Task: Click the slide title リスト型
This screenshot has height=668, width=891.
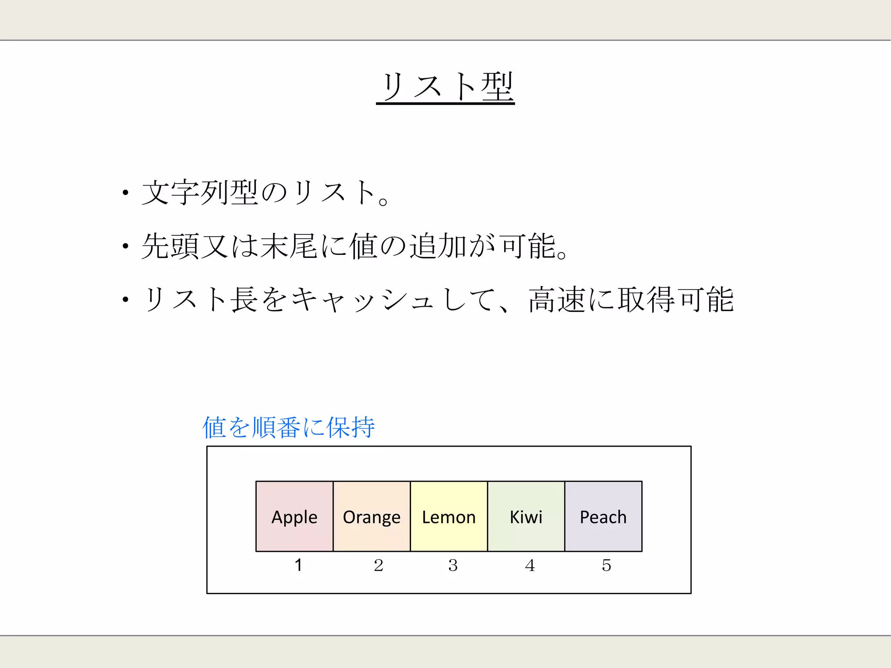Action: point(445,87)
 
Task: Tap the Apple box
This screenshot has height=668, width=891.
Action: point(295,516)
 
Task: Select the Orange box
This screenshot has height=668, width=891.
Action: point(372,516)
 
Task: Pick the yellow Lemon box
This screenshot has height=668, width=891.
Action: point(449,516)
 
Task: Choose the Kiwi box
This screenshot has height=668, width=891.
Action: point(526,516)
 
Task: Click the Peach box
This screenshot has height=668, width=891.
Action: point(603,516)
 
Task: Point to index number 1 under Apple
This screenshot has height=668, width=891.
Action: point(298,565)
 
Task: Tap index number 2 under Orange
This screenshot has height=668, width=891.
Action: point(378,565)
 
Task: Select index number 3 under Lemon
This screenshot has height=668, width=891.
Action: point(453,565)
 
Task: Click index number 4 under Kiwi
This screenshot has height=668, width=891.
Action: point(530,565)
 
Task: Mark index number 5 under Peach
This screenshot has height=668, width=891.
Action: point(606,565)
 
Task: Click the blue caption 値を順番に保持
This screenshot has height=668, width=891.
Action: point(288,427)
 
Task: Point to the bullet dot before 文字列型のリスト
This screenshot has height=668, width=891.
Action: point(125,193)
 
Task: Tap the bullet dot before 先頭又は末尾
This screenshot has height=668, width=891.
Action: point(125,247)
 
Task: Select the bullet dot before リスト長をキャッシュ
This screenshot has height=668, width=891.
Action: point(125,299)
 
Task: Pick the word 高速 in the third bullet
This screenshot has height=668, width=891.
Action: point(557,300)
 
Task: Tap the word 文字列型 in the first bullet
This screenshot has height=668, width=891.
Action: point(200,192)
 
